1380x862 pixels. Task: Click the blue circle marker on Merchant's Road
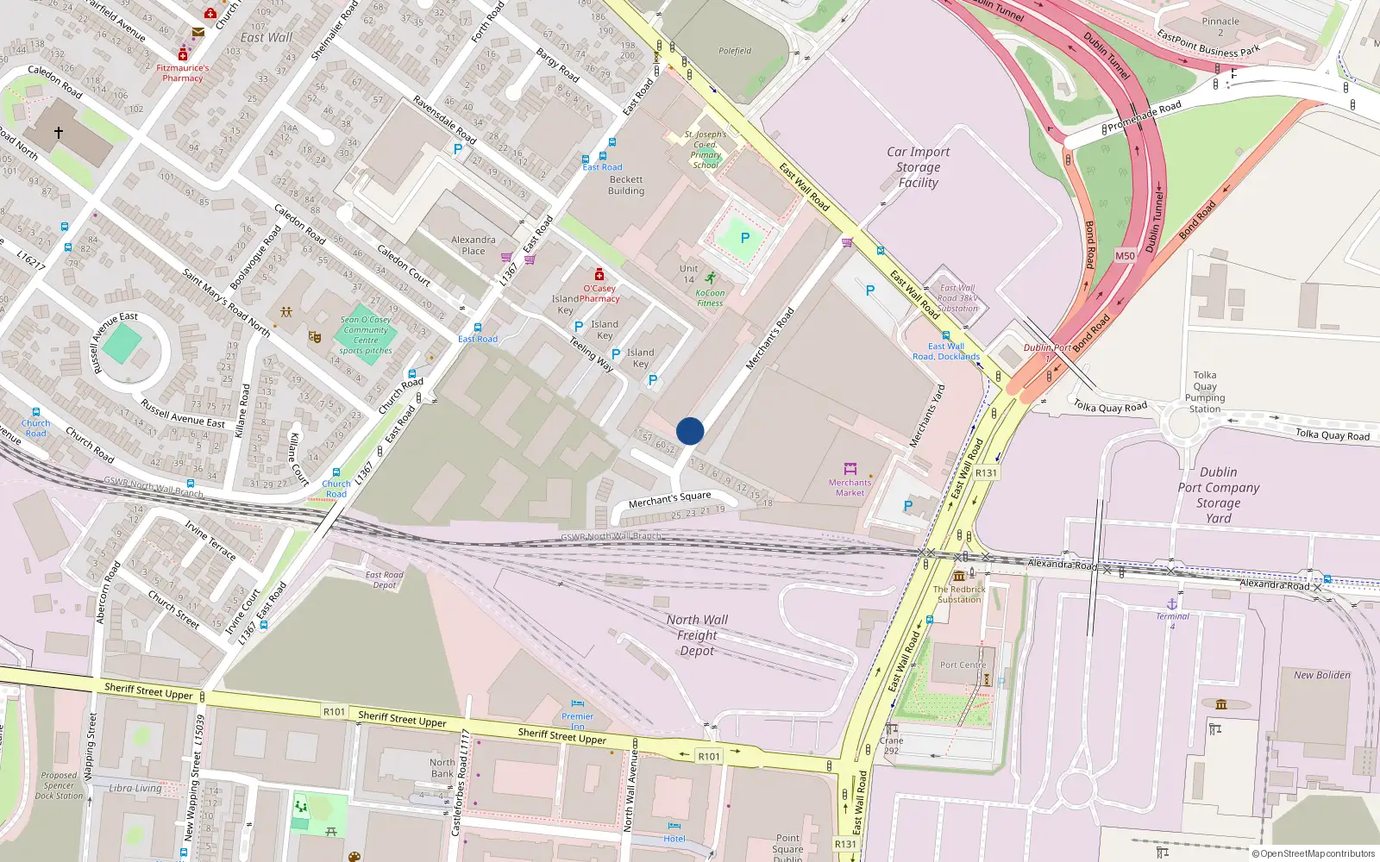(x=690, y=431)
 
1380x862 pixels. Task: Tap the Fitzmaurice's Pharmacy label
(x=183, y=73)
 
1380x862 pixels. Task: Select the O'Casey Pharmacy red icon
(x=599, y=275)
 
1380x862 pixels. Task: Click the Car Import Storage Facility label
(x=918, y=167)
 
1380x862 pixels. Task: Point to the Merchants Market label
(x=850, y=488)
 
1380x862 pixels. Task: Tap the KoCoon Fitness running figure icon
(x=710, y=278)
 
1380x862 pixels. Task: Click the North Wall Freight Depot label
(x=697, y=635)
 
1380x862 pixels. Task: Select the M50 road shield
(x=1125, y=256)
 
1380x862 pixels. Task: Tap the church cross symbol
(x=59, y=133)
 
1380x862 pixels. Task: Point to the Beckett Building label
(x=626, y=185)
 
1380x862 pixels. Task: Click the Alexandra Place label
(x=474, y=246)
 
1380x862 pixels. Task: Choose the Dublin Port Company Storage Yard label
(x=1218, y=495)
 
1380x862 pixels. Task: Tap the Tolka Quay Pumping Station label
(x=1205, y=392)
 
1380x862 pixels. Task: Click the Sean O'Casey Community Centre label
(x=366, y=335)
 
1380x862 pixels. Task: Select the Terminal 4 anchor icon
(x=1172, y=603)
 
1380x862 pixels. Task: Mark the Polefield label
(x=735, y=51)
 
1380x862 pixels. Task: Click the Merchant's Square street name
(x=669, y=499)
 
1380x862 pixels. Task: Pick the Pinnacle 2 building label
(x=1220, y=27)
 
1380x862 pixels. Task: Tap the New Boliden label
(x=1321, y=675)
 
